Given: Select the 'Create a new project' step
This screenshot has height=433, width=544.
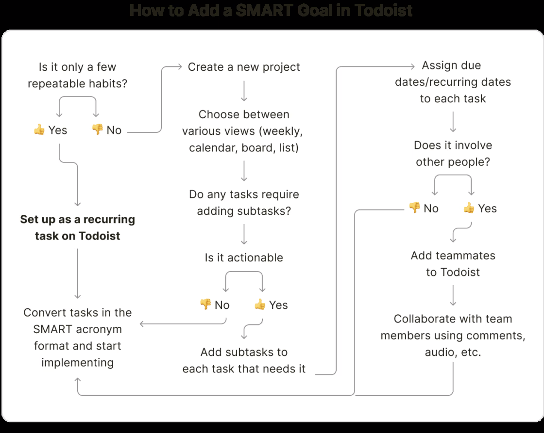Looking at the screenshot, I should point(244,67).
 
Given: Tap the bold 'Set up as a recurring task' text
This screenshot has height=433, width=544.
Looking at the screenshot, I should point(78,227).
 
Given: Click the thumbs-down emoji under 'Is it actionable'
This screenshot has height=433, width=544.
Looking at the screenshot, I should point(205,305).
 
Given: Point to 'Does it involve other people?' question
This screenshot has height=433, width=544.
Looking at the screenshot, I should point(453,153).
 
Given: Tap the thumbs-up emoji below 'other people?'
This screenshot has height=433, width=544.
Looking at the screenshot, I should point(469,208).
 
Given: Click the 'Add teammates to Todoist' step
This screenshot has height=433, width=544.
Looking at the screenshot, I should point(453,264).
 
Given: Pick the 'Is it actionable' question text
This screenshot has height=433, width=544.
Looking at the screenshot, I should point(244,257).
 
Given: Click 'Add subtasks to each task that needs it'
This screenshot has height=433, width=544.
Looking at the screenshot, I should point(244,360).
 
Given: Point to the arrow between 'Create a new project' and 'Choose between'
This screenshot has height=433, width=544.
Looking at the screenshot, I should point(244,91).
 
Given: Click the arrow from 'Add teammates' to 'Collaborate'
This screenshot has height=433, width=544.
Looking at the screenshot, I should point(453,295).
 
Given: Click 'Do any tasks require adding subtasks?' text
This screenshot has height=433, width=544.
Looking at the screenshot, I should point(244,202).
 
